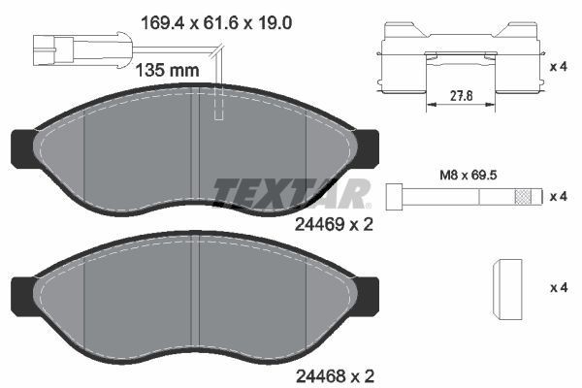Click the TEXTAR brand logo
point(291,192)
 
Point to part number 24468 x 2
point(333,373)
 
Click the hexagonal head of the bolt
point(396,196)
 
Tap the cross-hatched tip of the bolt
point(525,196)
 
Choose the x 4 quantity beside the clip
point(558,67)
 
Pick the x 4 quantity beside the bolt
point(558,197)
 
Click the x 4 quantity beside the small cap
point(558,287)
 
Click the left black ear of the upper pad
point(20,146)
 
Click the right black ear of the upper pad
point(370,146)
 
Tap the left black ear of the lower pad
point(20,291)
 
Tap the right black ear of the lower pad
point(370,291)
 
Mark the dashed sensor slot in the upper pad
point(219,107)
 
